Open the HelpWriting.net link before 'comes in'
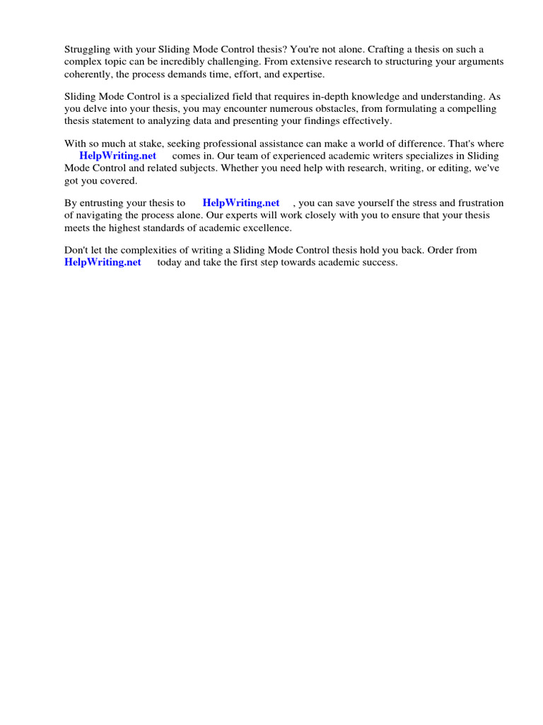[117, 156]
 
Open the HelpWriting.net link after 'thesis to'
[241, 203]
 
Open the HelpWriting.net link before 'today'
[103, 262]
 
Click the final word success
[380, 262]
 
